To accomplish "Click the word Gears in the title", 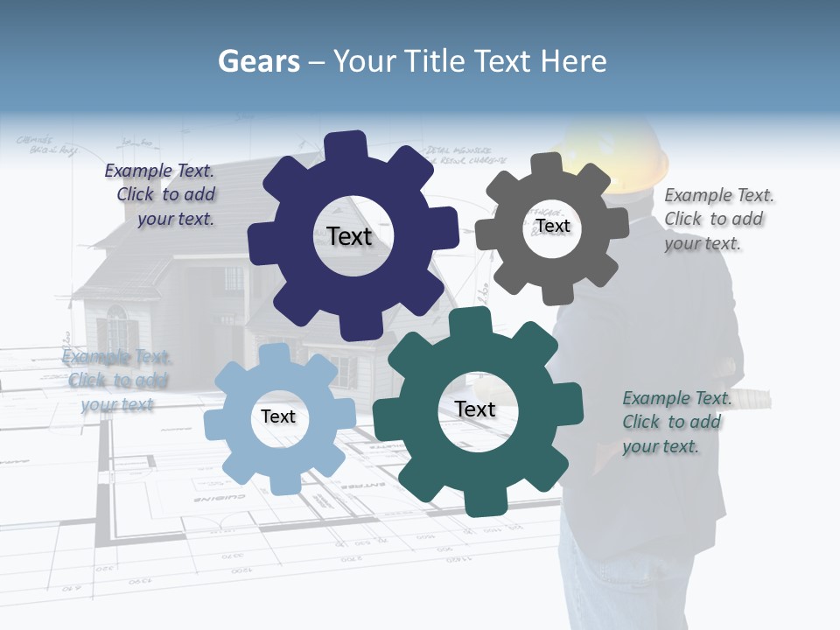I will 255,61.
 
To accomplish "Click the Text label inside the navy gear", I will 349,236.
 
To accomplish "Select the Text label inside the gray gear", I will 552,226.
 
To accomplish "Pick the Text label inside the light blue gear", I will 278,416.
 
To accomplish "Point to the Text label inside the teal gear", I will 475,409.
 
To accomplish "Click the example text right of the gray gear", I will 717,219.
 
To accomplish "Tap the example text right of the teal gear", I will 675,422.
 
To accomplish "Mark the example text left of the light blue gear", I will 116,381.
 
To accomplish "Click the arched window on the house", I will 117,327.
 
